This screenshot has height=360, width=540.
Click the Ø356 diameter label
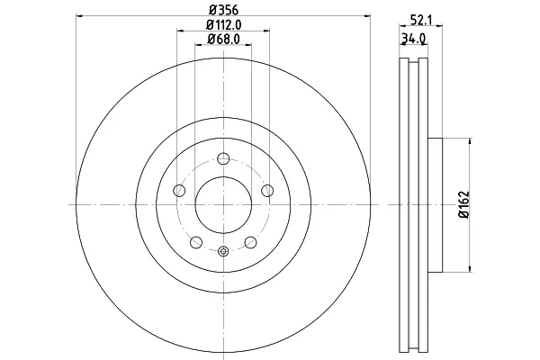[x=223, y=10]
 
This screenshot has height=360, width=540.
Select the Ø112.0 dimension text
[x=223, y=25]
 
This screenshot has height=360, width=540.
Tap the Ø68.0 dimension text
[x=223, y=39]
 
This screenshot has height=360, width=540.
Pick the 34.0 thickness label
[x=413, y=39]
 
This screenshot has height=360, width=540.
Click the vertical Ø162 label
[x=463, y=204]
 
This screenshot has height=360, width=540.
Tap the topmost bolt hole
[x=223, y=158]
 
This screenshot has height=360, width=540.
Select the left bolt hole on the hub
[x=179, y=190]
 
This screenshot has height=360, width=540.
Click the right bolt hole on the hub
[x=267, y=190]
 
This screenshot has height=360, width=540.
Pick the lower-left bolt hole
[x=196, y=242]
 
